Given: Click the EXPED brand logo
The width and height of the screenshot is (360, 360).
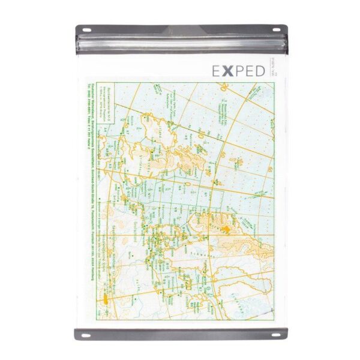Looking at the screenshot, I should point(238,71).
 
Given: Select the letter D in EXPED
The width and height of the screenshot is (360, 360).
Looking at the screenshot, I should point(258,71).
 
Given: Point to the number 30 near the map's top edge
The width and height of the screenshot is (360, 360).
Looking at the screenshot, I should point(224,87).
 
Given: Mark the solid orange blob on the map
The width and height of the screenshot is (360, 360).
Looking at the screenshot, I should point(226,229).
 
